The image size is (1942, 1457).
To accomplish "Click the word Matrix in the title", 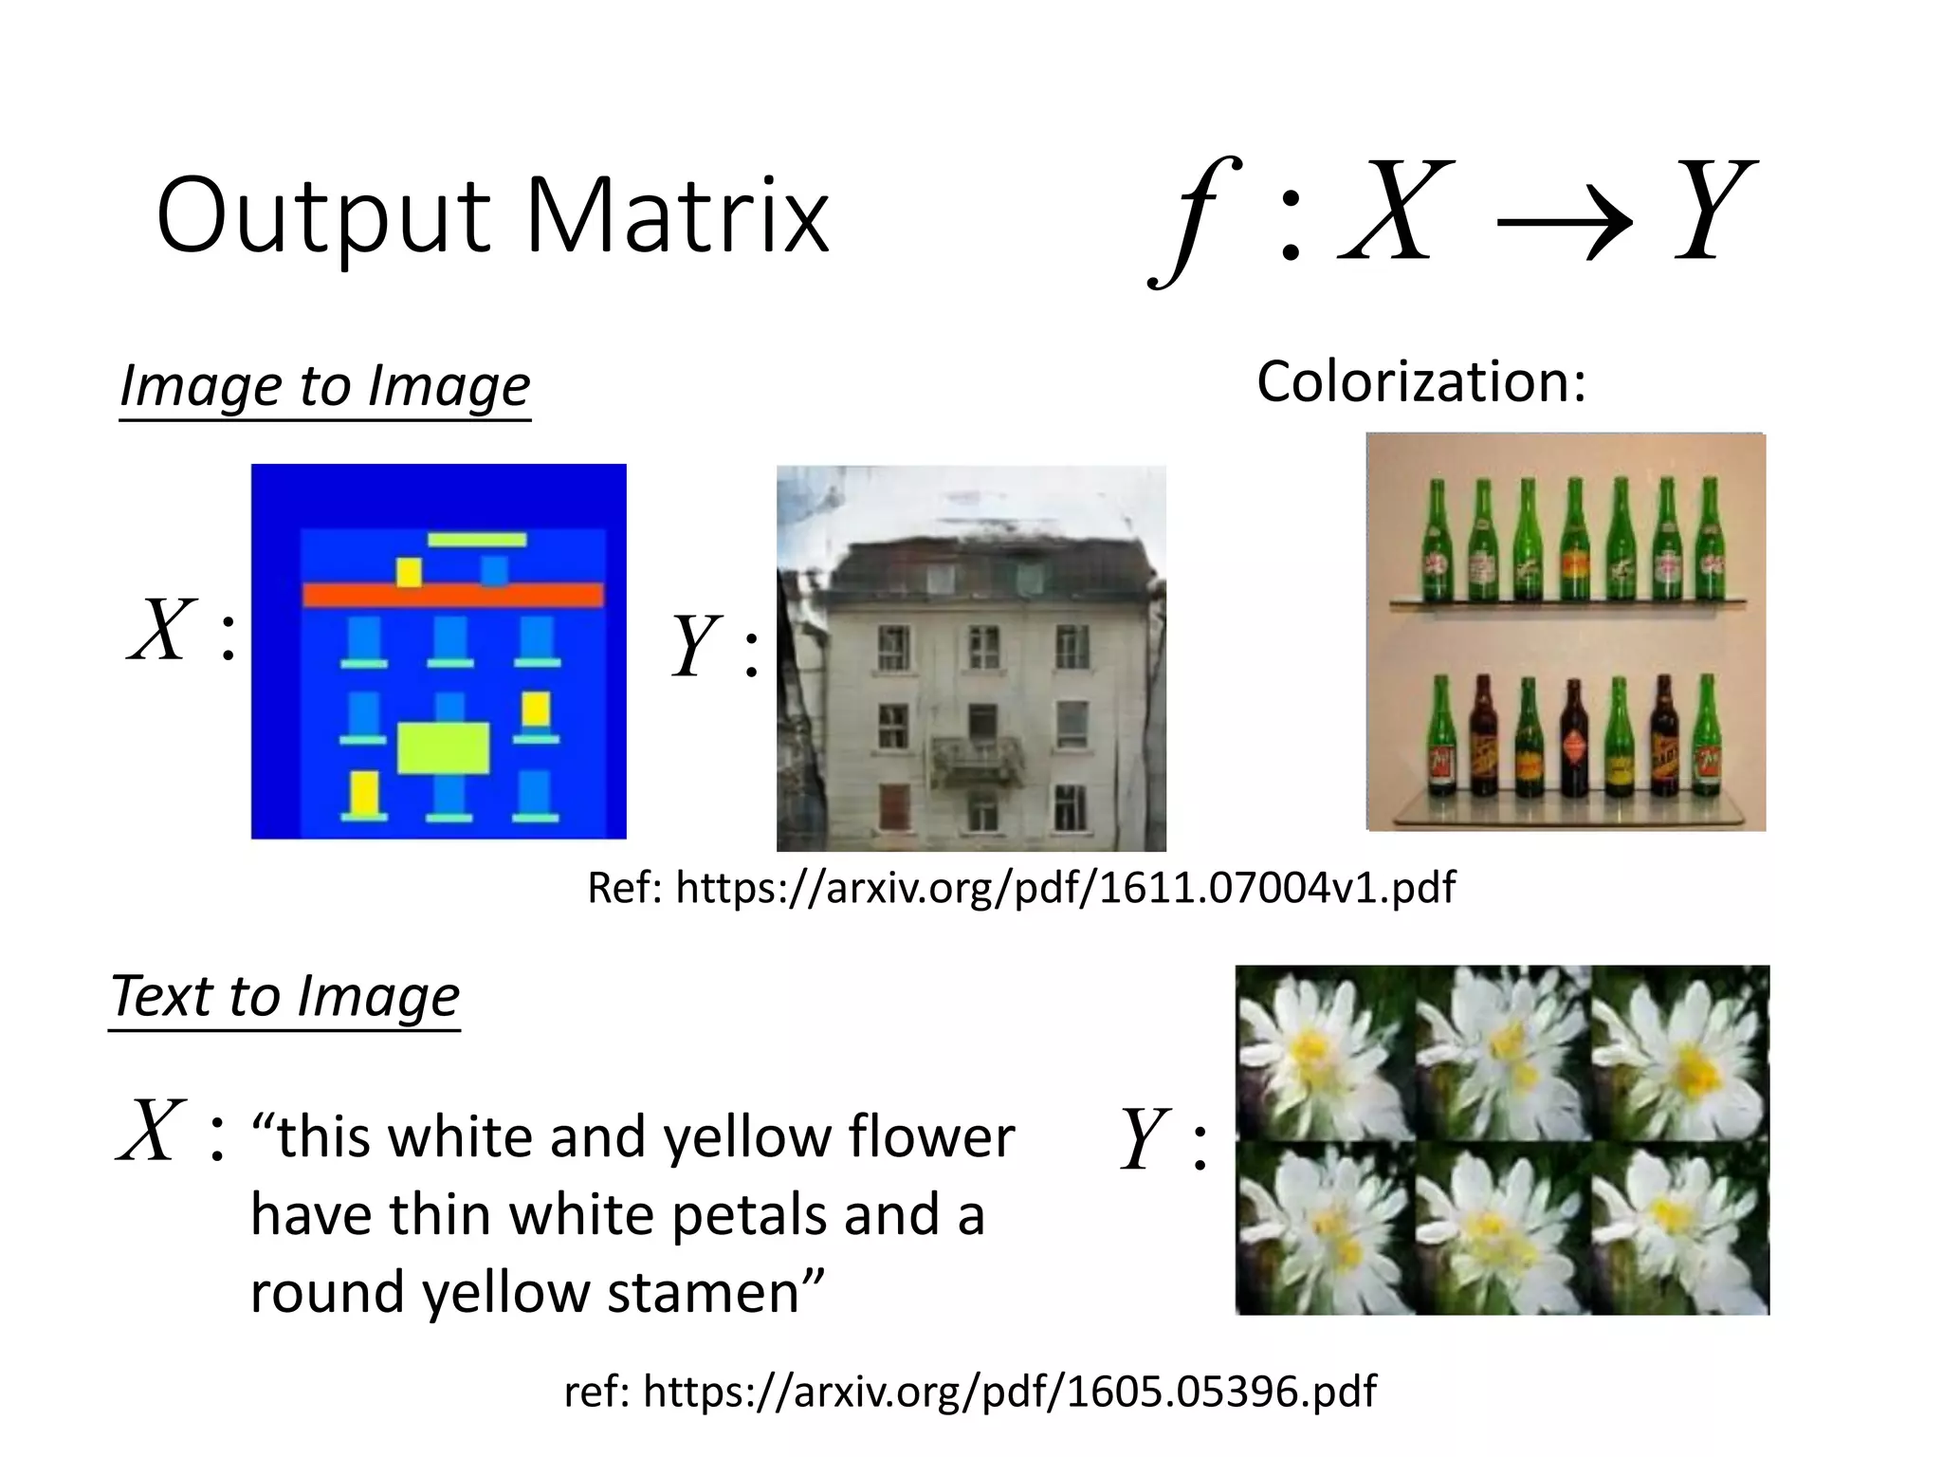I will tap(677, 215).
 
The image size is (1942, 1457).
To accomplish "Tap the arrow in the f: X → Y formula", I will tap(1564, 224).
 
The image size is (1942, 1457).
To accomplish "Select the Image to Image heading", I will tap(324, 386).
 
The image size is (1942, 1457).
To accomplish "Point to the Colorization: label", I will tap(1420, 381).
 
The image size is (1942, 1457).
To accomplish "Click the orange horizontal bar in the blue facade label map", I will tap(452, 595).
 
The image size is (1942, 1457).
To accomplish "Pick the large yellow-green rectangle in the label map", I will tap(443, 748).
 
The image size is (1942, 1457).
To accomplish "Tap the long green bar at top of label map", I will tap(476, 540).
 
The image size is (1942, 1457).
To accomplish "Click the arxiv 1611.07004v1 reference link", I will tap(1064, 888).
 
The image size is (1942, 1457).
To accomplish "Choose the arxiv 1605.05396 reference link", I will tap(1009, 1392).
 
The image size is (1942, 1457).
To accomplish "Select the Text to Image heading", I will tap(284, 997).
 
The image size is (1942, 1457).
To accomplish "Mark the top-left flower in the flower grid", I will tap(1323, 1053).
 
